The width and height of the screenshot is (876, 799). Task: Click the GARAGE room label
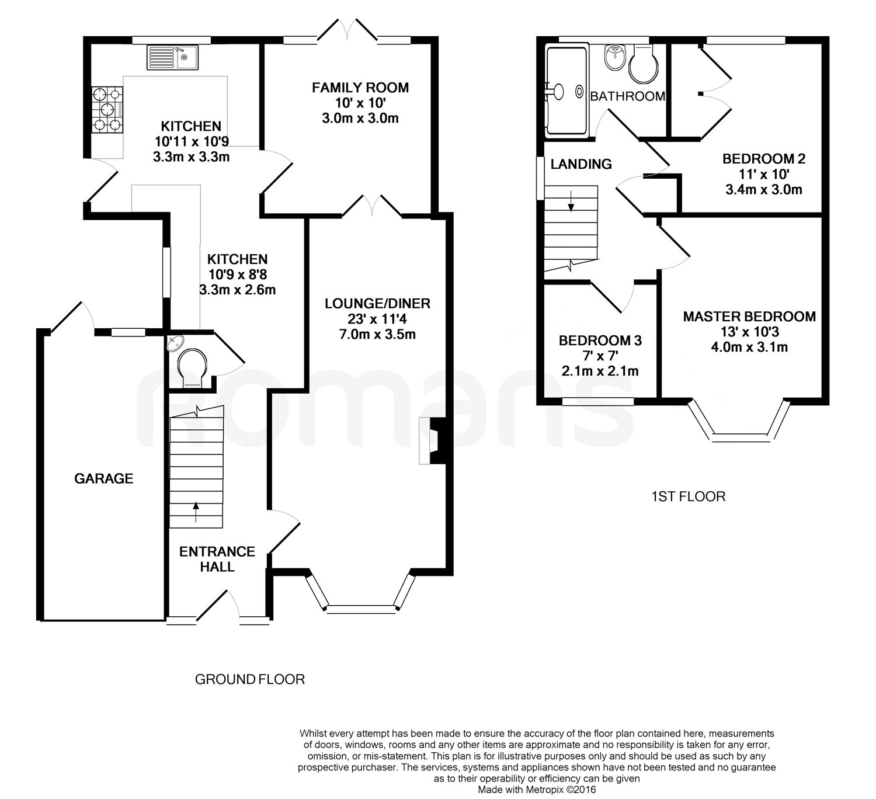pos(103,479)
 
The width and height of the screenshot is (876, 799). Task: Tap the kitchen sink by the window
pos(172,57)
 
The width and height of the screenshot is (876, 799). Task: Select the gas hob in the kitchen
pos(107,109)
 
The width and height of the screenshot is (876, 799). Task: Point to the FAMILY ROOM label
pos(360,88)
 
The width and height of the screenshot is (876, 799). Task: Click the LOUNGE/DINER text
pos(377,304)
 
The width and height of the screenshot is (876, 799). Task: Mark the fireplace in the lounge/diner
pos(432,440)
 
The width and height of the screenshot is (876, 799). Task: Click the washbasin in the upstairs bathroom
pos(615,57)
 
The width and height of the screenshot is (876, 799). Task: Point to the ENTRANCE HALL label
pos(217,559)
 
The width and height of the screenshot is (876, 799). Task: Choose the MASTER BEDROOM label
pos(749,317)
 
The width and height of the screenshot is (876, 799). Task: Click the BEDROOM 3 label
pos(600,341)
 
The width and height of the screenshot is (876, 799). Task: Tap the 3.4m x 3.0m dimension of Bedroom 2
pos(764,190)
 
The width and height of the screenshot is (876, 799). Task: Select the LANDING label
pos(581,164)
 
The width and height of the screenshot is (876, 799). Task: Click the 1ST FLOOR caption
pos(688,496)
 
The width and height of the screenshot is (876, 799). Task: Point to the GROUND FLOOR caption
pos(250,679)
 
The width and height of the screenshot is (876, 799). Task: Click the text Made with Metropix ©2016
pos(537,790)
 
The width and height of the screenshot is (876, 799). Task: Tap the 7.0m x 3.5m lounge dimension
pos(377,335)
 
